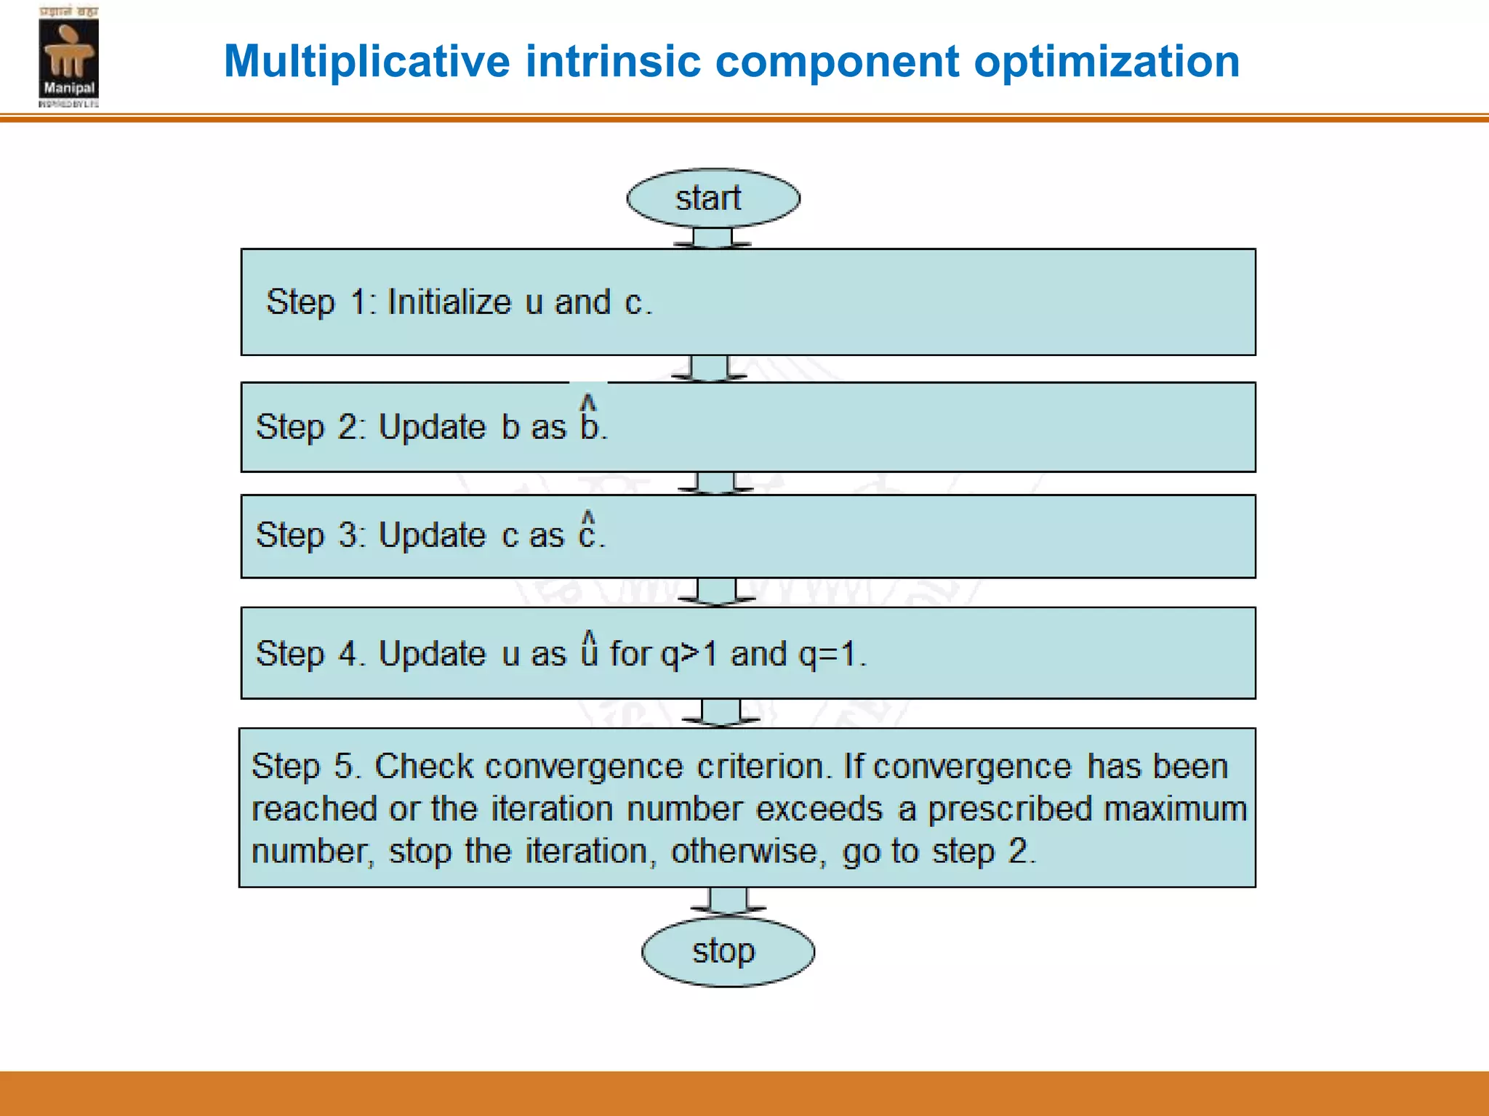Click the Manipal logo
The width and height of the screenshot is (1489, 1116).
click(68, 57)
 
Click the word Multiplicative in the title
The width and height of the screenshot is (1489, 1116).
click(366, 61)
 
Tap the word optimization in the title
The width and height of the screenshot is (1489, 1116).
click(1106, 61)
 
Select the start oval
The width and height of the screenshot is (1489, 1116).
click(713, 198)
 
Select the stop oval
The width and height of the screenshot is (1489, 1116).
click(728, 952)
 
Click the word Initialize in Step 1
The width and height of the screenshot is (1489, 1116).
click(449, 302)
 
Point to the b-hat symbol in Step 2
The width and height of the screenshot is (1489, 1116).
click(590, 420)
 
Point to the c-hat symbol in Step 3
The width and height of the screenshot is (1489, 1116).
click(587, 530)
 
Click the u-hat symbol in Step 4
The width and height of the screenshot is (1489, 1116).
click(589, 649)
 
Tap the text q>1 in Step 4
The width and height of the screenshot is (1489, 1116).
click(688, 653)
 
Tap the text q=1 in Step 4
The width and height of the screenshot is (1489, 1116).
click(827, 653)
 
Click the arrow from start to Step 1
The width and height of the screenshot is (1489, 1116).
click(713, 238)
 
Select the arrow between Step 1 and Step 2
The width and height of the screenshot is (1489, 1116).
click(709, 368)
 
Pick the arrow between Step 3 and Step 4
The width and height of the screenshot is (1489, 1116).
click(716, 591)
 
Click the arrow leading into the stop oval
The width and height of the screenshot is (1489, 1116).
click(728, 901)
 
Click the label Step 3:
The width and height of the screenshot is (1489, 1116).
click(310, 535)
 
